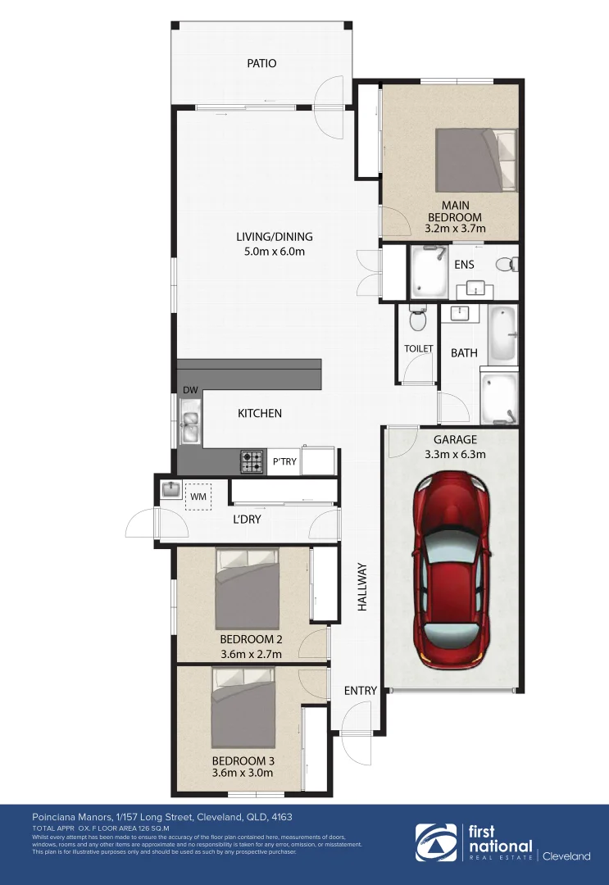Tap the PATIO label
(x=262, y=63)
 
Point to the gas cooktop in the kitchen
(x=252, y=462)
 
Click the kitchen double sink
(x=190, y=418)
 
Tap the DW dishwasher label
(x=190, y=389)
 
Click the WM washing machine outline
(x=198, y=497)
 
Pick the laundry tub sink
(x=171, y=489)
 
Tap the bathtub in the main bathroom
(x=503, y=334)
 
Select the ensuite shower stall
(x=427, y=273)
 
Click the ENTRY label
(x=360, y=691)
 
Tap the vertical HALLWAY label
(x=361, y=587)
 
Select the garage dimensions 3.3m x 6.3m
(x=455, y=454)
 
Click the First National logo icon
(x=435, y=843)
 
